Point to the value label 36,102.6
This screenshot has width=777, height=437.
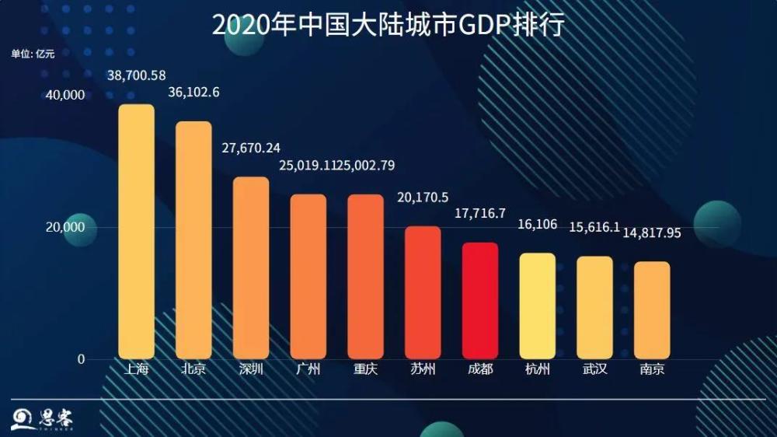point(193,93)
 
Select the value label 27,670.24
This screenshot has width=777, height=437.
point(251,148)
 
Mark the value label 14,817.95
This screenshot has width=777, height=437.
point(652,232)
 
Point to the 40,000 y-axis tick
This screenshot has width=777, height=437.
point(66,95)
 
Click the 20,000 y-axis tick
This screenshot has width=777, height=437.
point(66,227)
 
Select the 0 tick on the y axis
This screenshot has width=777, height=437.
point(80,359)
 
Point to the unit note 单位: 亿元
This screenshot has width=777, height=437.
point(33,54)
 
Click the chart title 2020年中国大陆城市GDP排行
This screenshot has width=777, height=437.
point(388,26)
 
